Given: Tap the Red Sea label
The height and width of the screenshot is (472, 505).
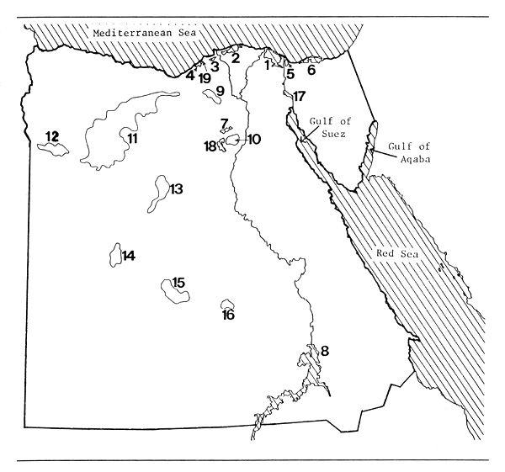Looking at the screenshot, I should point(396,254).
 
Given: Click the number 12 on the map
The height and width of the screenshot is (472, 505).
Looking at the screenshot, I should point(52,136).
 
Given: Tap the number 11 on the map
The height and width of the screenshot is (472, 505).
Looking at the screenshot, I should point(132,138).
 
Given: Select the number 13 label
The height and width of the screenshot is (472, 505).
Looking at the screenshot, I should point(176,189).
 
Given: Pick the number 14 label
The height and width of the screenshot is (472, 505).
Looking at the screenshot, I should point(129,256).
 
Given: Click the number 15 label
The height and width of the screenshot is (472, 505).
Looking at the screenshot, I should point(178,282).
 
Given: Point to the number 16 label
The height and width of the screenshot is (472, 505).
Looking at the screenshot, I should point(228,316).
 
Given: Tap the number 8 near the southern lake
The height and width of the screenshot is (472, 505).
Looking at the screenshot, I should point(324,350).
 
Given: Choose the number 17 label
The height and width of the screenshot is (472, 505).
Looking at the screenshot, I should point(300,96).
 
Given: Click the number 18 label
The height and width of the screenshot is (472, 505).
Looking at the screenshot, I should point(210,146).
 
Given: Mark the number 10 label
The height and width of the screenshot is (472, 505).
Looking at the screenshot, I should point(253,140).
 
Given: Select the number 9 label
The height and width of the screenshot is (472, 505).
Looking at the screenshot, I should point(220,91).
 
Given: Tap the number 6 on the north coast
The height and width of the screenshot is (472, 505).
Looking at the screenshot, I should point(311,70).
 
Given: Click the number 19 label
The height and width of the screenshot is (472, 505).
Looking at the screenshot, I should point(205,77).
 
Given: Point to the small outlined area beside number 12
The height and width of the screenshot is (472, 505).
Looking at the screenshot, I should point(59,150).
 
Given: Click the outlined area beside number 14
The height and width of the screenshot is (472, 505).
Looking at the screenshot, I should point(116,255).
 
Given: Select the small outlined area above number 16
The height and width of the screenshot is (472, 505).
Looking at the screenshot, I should point(226,304).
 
